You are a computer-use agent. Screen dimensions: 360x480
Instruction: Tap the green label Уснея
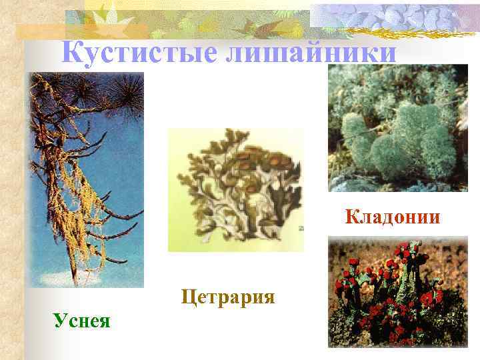(83, 321)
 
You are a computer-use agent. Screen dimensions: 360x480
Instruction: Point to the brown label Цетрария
(227, 295)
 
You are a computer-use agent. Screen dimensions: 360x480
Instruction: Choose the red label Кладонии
(393, 217)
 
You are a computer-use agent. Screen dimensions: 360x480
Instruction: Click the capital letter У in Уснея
(59, 321)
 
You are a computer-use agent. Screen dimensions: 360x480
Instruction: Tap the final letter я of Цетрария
(269, 296)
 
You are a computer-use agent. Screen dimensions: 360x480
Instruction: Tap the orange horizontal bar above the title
(80, 30)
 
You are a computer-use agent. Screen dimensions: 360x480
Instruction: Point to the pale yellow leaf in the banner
(107, 13)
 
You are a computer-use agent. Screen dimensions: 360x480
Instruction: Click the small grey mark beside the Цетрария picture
(301, 229)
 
